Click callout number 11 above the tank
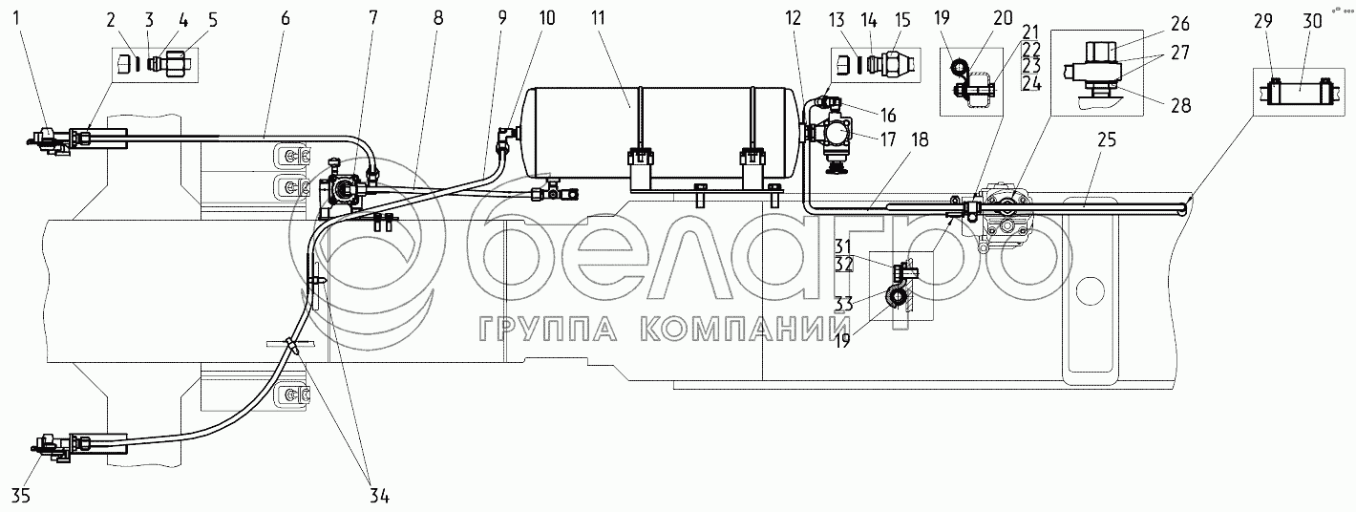[598, 18]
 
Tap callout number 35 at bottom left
[21, 496]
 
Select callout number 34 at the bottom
[379, 496]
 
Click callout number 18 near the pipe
[919, 140]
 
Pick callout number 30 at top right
[1312, 21]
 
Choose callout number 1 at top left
[17, 18]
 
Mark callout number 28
[1180, 105]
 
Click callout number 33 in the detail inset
[844, 303]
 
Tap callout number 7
[372, 18]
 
